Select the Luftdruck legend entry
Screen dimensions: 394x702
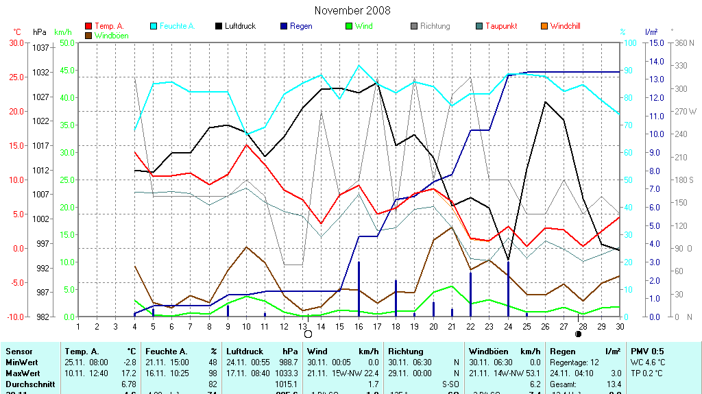pos(240,26)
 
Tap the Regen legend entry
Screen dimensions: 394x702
pos(300,26)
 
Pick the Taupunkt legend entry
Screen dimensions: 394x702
pos(500,26)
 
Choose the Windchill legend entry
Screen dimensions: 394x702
pos(565,26)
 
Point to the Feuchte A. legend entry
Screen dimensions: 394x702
pos(177,26)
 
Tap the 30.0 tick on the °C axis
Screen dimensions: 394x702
pos(15,42)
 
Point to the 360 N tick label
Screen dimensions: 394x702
pos(684,42)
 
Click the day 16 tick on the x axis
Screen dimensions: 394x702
pos(359,326)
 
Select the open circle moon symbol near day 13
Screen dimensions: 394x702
pos(308,334)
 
